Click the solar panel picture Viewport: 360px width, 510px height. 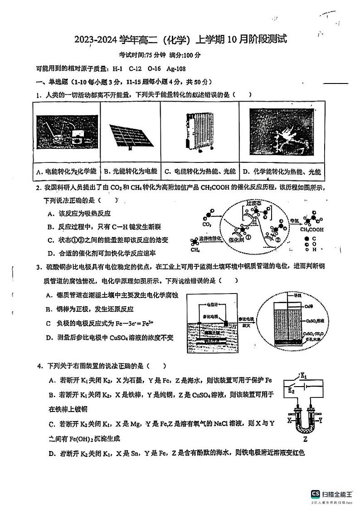[130, 134]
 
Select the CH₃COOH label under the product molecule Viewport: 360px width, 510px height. [311, 230]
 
